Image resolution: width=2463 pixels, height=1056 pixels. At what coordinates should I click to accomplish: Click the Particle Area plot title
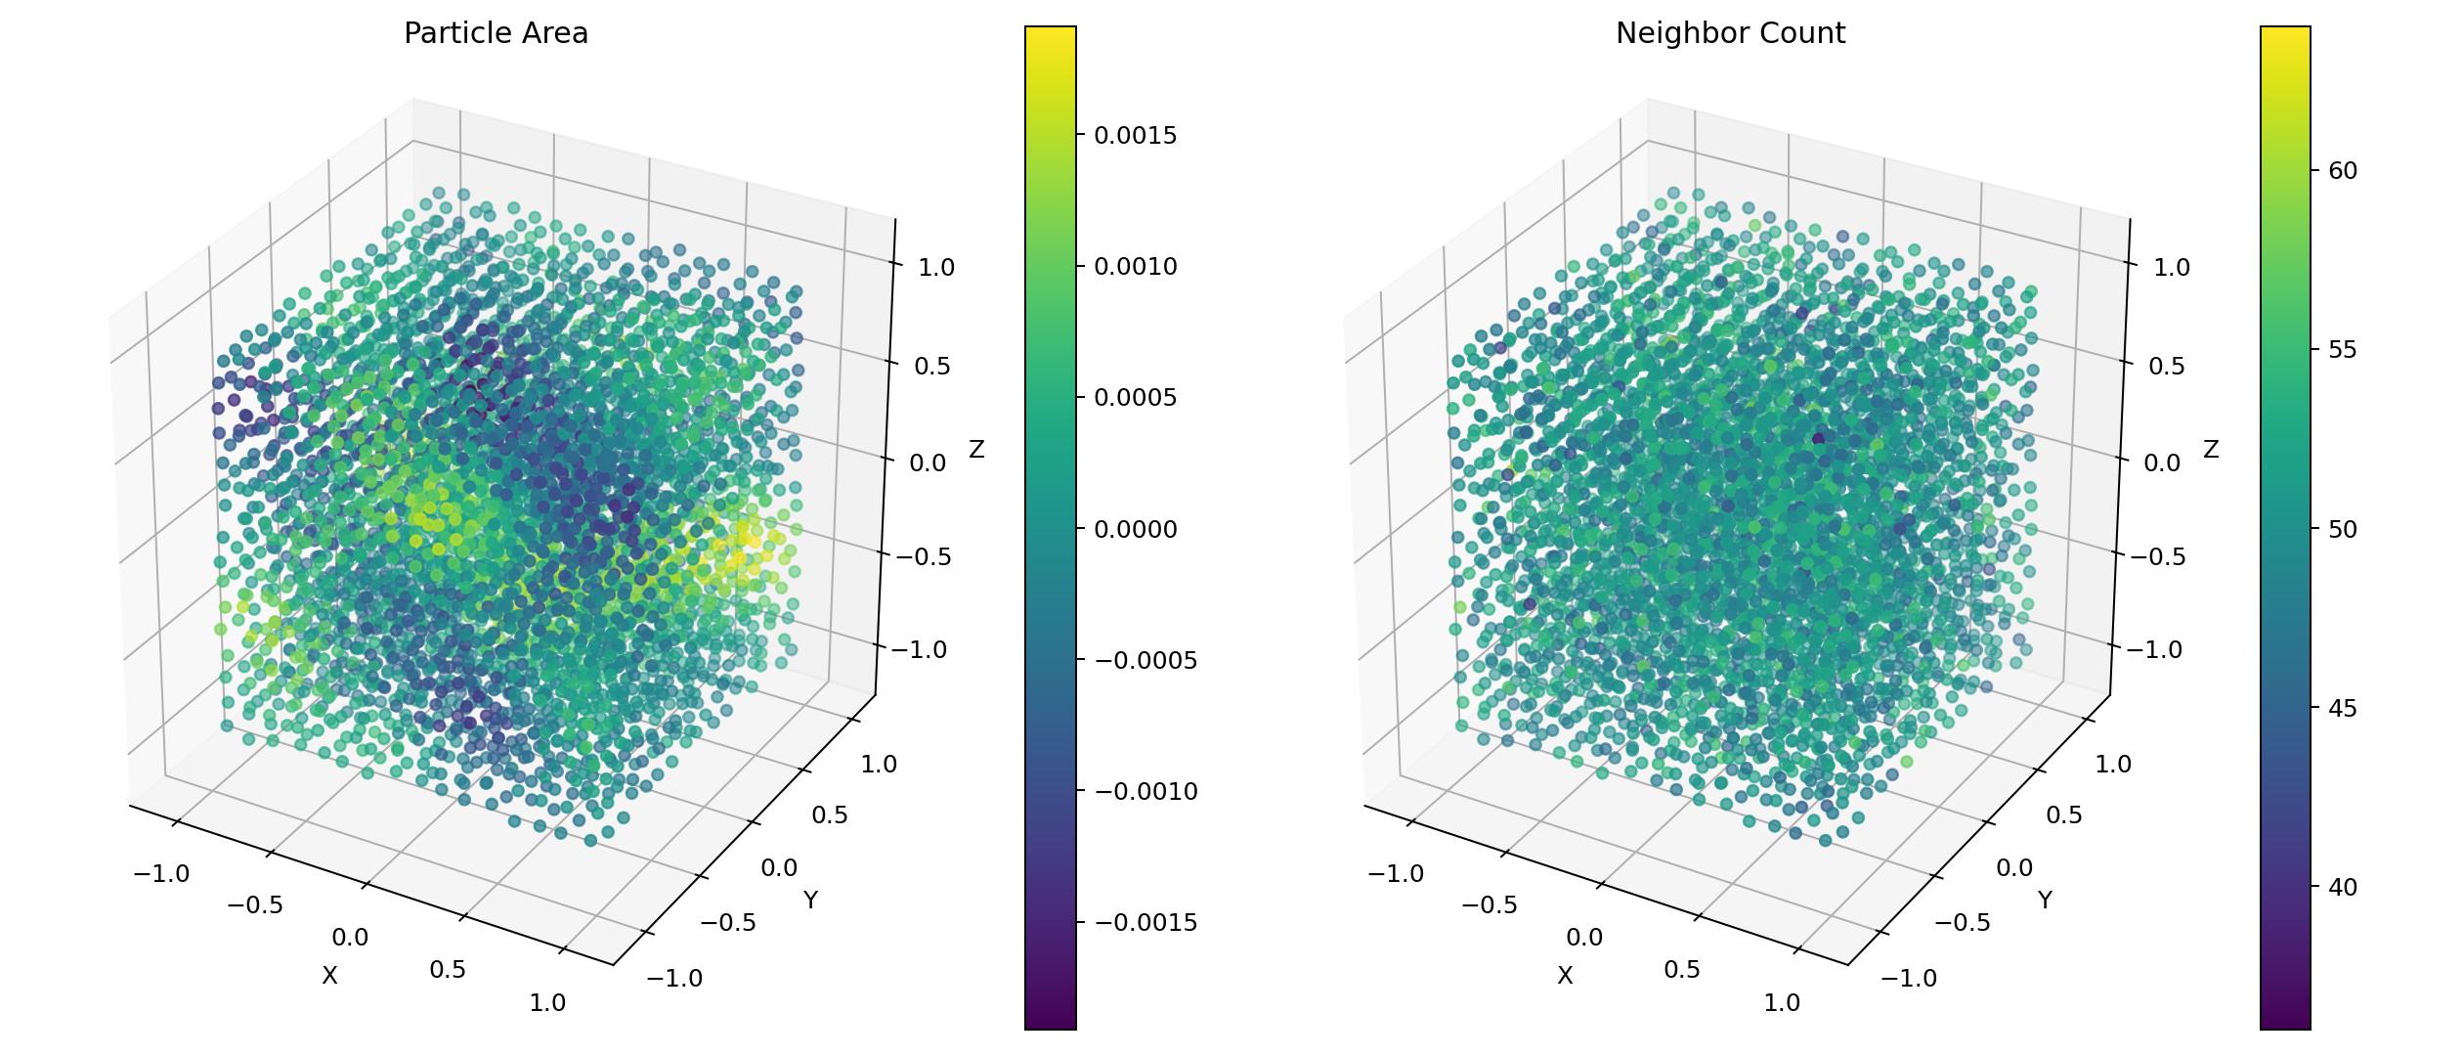496,34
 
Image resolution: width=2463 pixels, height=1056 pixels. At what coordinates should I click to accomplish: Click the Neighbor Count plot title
1730,34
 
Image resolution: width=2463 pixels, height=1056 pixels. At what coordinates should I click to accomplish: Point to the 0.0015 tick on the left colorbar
1135,136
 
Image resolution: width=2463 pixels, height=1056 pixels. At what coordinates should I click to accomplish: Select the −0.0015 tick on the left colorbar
1145,923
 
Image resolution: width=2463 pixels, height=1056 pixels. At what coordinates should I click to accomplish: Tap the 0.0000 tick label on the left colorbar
1135,530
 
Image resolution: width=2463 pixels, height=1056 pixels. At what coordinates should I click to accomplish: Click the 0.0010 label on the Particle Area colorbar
1135,267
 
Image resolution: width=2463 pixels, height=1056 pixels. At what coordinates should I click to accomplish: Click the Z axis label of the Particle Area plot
976,450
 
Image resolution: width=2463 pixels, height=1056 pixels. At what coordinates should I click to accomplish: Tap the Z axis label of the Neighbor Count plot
2211,450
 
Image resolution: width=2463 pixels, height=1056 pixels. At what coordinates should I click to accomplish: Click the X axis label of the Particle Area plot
330,976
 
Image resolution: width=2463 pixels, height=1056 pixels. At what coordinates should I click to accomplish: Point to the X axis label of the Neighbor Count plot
1565,976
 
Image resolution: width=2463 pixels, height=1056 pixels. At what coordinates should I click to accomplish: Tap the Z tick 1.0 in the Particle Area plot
936,268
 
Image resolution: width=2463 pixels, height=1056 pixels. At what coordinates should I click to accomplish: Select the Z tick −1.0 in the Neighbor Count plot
2153,650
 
